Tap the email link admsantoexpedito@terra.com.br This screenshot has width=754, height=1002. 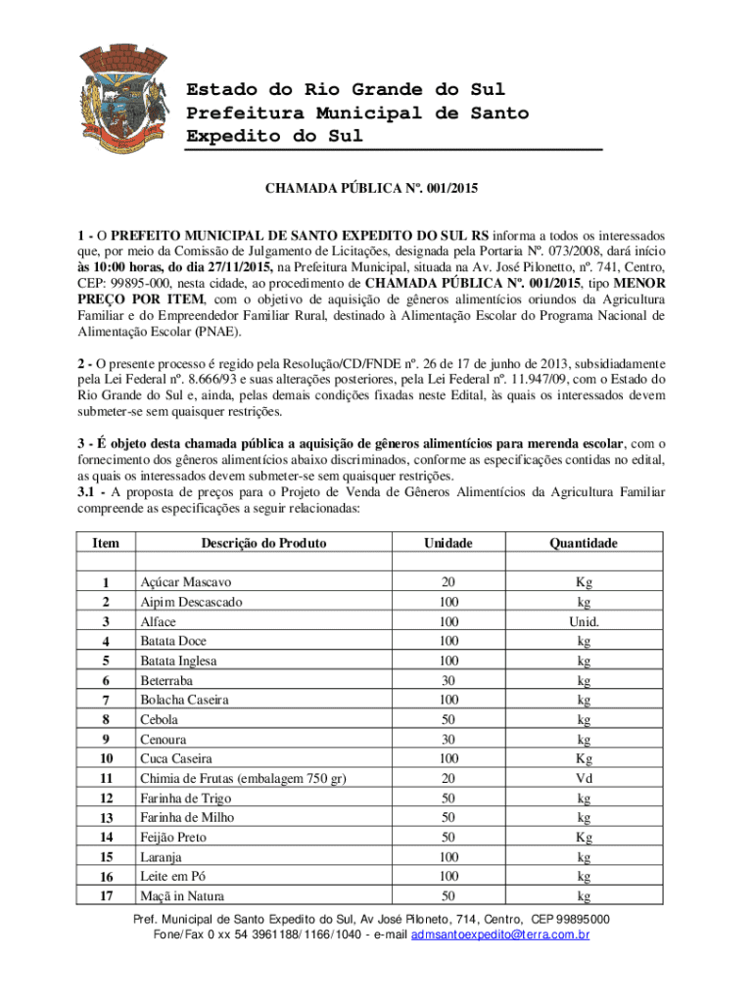500,934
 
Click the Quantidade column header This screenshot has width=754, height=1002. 583,543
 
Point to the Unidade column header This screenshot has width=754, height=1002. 448,543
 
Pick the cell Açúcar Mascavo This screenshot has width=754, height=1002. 185,582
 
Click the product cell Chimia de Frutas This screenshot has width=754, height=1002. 244,778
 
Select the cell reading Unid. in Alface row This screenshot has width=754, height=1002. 583,621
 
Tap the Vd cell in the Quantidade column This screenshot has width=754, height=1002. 583,778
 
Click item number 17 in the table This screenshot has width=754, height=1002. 107,896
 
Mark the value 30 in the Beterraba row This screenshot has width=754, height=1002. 448,680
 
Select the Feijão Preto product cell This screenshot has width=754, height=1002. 173,838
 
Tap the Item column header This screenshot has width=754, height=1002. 107,543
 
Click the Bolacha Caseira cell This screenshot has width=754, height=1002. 184,700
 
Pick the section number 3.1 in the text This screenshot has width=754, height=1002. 90,492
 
